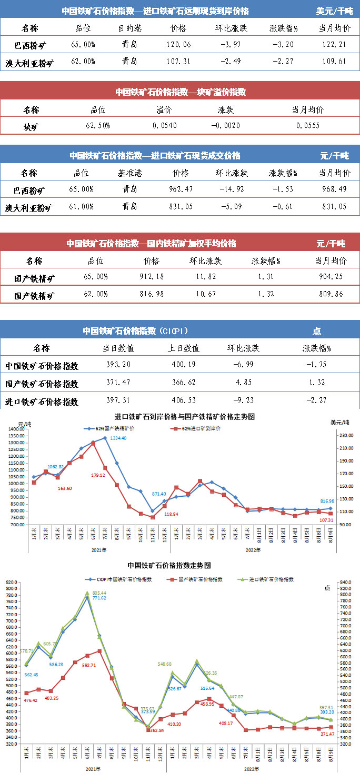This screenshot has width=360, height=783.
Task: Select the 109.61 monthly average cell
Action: tap(334, 62)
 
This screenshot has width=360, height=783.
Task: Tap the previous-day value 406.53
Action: tap(183, 401)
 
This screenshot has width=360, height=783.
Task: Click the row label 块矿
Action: tap(31, 126)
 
